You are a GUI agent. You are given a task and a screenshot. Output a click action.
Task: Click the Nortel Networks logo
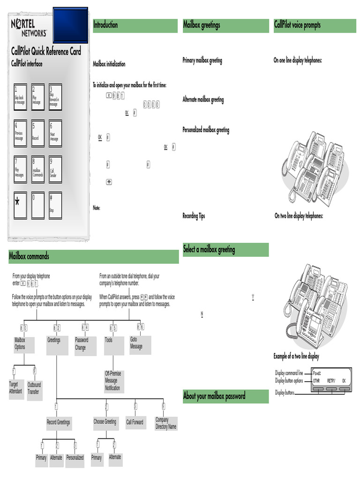tap(29, 28)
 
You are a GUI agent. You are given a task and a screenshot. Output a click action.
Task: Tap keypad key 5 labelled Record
tap(38, 134)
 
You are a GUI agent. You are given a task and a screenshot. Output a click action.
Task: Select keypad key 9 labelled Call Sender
tap(56, 169)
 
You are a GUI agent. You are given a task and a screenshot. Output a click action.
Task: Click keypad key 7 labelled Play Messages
tap(20, 169)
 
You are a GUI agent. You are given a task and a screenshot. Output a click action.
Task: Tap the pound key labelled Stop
tap(56, 205)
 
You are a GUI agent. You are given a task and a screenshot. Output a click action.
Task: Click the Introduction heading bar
tap(135, 25)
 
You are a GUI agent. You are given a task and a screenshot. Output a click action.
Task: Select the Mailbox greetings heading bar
tap(225, 25)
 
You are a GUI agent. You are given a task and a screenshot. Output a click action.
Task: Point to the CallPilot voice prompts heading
tap(315, 25)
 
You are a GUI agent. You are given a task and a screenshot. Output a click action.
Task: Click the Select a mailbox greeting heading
tap(225, 249)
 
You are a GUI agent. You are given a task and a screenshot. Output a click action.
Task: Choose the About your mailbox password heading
tap(225, 396)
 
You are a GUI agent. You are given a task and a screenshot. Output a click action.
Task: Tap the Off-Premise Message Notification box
tap(114, 381)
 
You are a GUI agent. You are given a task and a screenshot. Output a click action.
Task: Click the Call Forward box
tap(135, 422)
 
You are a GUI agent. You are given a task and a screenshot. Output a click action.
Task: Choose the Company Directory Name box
tap(166, 423)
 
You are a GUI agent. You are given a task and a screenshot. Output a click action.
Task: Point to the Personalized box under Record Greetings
tap(75, 457)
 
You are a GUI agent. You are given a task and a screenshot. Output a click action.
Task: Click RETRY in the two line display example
tap(331, 381)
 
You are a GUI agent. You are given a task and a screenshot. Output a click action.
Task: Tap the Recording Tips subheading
tap(194, 216)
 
